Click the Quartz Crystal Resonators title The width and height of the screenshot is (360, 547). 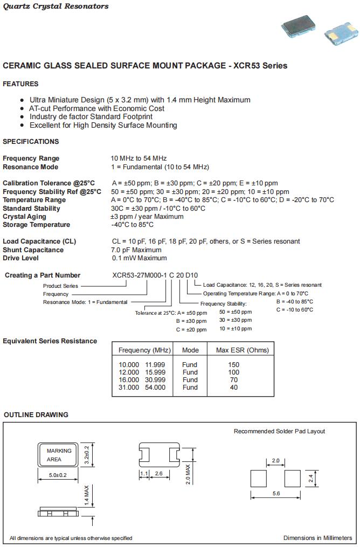pos(56,6)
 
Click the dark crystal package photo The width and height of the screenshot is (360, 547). pos(301,26)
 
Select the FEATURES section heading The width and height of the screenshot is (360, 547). pos(20,84)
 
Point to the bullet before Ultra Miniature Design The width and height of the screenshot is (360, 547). pos(22,100)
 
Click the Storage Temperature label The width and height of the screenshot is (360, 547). pos(36,225)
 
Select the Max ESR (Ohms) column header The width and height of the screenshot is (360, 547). pos(242,350)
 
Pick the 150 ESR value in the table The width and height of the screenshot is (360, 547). pos(233,365)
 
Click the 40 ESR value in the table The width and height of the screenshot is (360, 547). pos(233,387)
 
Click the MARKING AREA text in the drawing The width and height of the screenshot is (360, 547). pos(58,455)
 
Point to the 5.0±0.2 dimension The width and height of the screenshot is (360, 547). pos(58,475)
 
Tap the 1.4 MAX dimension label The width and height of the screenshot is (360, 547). pos(86,494)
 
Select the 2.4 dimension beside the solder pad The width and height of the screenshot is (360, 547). pos(310,478)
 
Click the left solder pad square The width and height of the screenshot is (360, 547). pos(259,478)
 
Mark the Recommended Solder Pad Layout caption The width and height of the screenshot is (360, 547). pos(279,431)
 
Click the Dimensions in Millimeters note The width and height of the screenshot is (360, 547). pos(317,538)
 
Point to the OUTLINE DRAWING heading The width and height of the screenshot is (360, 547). pos(36,415)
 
